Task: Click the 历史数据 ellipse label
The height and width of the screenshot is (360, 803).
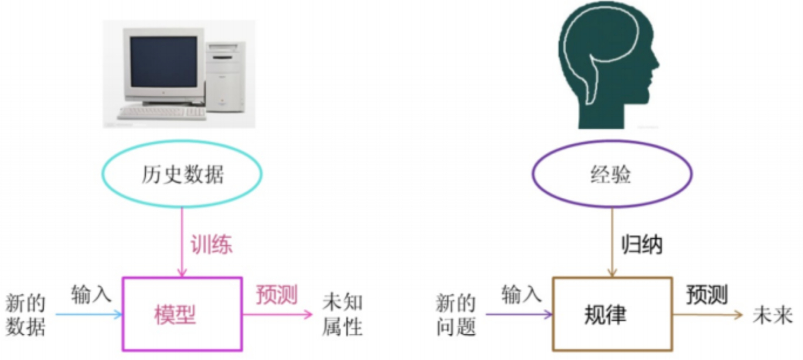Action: pos(182,175)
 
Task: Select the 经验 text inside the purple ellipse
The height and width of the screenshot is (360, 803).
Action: pos(611,175)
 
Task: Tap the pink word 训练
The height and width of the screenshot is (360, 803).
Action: pos(211,245)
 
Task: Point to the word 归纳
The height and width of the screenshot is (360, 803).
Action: pos(641,245)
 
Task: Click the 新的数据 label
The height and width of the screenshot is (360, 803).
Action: pos(25,315)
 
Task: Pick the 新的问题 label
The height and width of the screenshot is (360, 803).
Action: pos(456,315)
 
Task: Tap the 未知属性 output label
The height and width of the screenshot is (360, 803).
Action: pos(342,315)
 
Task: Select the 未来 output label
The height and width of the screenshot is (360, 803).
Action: pos(773,315)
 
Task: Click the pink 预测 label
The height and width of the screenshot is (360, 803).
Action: pos(277,294)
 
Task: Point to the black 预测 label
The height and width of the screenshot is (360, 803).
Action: pos(706,294)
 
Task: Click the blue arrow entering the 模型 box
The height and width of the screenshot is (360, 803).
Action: pos(89,314)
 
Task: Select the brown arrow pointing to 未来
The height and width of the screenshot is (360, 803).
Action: pos(707,315)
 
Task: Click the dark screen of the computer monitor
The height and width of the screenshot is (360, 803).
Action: pos(164,62)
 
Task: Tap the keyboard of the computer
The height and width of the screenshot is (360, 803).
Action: pos(162,113)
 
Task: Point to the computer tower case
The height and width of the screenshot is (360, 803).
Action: pos(225,77)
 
